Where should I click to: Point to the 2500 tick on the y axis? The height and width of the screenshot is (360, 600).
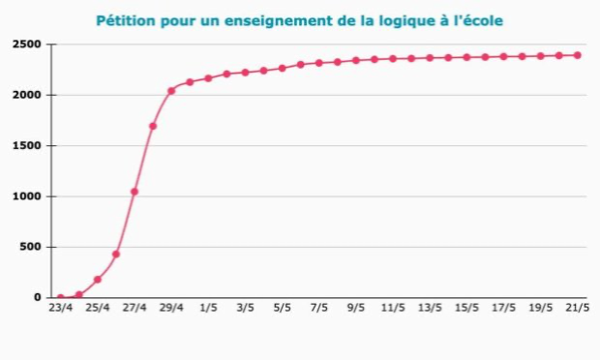27,45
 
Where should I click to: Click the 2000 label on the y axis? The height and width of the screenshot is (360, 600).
27,96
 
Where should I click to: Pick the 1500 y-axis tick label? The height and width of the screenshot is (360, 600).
27,146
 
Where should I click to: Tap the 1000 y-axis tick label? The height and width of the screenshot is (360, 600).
27,196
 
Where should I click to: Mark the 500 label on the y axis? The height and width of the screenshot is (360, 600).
30,247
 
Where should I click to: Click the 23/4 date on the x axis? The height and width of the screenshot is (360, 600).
60,309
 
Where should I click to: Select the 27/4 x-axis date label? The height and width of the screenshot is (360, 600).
135,309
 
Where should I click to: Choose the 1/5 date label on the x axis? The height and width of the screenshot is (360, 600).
208,309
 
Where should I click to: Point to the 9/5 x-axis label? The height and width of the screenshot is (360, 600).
356,309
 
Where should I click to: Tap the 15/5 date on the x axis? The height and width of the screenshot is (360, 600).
466,309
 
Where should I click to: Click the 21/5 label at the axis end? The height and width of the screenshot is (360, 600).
577,309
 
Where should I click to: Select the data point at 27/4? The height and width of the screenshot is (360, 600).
135,192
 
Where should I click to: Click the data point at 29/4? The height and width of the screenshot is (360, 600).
171,91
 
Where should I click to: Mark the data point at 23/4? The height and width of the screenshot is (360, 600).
60,297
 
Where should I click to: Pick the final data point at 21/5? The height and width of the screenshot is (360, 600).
577,55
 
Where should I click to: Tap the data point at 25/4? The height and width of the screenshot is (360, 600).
98,280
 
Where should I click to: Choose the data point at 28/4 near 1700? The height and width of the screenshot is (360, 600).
153,126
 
